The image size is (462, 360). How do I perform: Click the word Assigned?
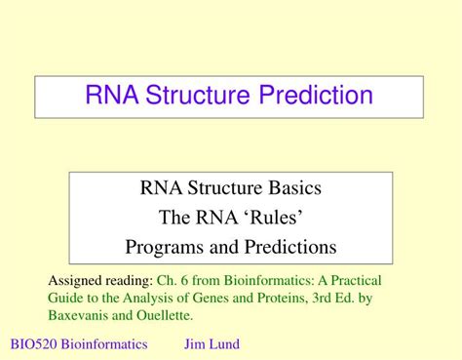75,277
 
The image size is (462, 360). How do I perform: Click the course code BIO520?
32,344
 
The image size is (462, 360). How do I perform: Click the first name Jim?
195,344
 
